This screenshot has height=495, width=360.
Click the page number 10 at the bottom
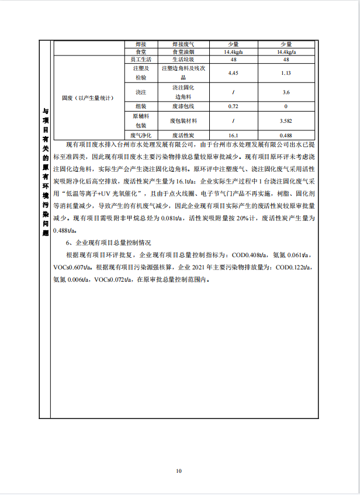point(179,470)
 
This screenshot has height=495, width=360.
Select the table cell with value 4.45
point(233,73)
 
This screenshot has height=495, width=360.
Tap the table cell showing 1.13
point(286,73)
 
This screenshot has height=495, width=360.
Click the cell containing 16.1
point(233,135)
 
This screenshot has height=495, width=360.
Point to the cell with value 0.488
point(286,135)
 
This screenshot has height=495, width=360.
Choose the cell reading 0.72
point(233,106)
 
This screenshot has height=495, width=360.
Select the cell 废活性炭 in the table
point(182,135)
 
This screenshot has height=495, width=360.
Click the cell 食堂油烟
point(182,52)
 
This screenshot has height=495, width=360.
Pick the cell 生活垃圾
point(182,60)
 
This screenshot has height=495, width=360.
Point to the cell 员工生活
point(141,60)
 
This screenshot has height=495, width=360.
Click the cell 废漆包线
point(182,106)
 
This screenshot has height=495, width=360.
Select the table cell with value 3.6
point(286,92)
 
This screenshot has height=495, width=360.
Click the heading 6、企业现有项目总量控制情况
point(109,242)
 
